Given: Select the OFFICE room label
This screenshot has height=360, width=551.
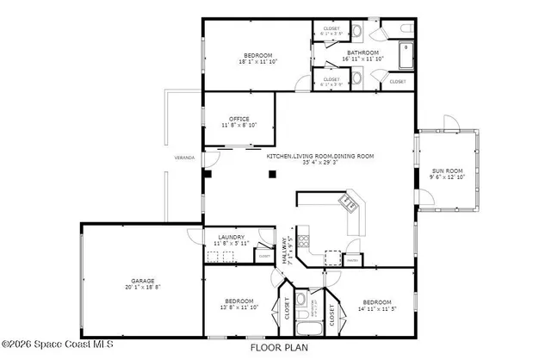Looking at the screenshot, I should coord(238,119).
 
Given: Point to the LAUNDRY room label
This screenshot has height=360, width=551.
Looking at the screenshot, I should coord(229,238).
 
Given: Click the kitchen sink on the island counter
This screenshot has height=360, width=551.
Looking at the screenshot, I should coord(349,204).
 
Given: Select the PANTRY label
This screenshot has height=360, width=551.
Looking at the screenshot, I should coord(351,258).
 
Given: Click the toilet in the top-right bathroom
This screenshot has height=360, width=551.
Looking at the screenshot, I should coord(406,32).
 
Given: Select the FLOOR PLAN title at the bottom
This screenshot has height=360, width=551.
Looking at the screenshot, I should coord(277,349).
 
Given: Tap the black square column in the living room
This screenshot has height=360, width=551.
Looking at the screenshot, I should coord(271,173).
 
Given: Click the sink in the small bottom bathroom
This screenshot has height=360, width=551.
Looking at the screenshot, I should coord(301,301).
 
